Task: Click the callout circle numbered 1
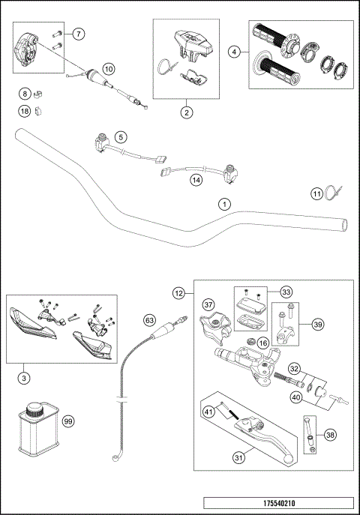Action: (223, 203)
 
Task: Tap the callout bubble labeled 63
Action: (149, 320)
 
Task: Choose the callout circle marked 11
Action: (317, 194)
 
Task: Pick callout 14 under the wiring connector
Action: (196, 180)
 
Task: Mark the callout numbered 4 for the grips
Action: (235, 52)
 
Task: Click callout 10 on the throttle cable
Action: (109, 69)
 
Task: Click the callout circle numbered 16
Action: (263, 343)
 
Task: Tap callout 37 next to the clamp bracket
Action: (208, 305)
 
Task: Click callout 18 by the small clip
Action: (25, 111)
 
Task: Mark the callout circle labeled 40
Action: (297, 397)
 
